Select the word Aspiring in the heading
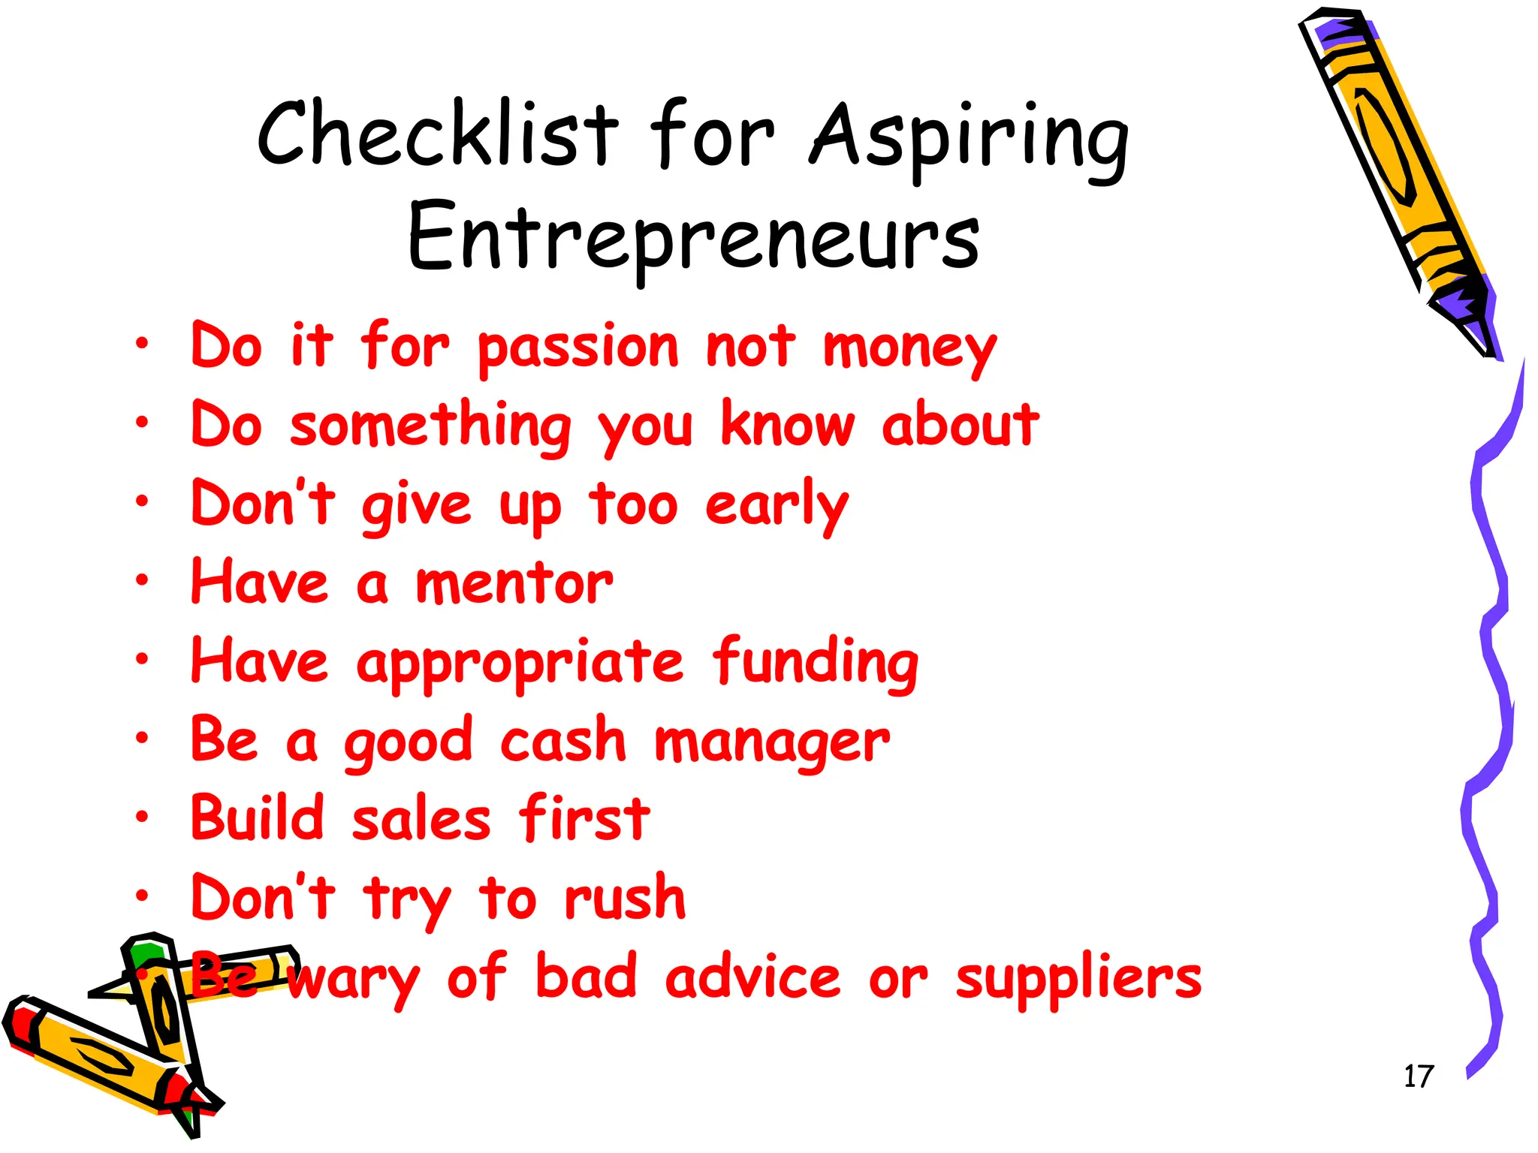click(x=969, y=139)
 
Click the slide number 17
click(x=1418, y=1076)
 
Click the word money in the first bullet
click(x=909, y=349)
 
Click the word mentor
click(x=514, y=584)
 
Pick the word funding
click(x=816, y=664)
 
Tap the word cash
click(x=562, y=742)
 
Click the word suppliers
click(x=1078, y=980)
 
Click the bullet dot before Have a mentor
click(x=142, y=580)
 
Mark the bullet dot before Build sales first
click(x=142, y=816)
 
